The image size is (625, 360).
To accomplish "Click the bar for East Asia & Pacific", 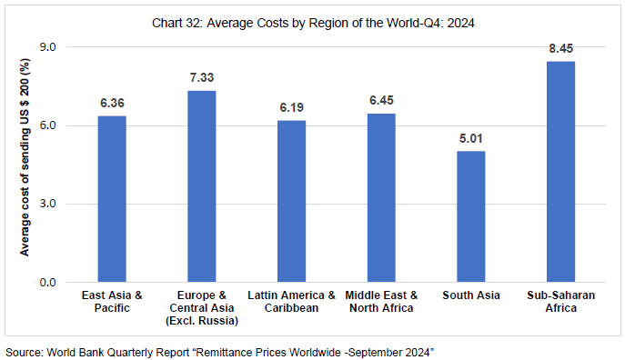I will tap(112, 199).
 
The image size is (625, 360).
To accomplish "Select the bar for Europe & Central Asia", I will tap(202, 186).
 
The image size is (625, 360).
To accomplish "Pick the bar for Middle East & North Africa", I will tap(381, 197).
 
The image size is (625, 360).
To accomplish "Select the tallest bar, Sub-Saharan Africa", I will tap(560, 172).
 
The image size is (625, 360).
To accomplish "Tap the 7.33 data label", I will tap(202, 79).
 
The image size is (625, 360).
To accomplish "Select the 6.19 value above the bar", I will tap(292, 109).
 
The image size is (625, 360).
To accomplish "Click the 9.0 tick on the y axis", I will tap(46, 46).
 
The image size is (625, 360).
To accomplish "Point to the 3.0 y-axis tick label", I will tap(46, 204).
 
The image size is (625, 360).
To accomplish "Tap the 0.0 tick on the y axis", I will tap(46, 283).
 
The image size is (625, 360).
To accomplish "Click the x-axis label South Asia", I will tap(470, 295).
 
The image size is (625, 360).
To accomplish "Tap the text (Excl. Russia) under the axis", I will tap(202, 321).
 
